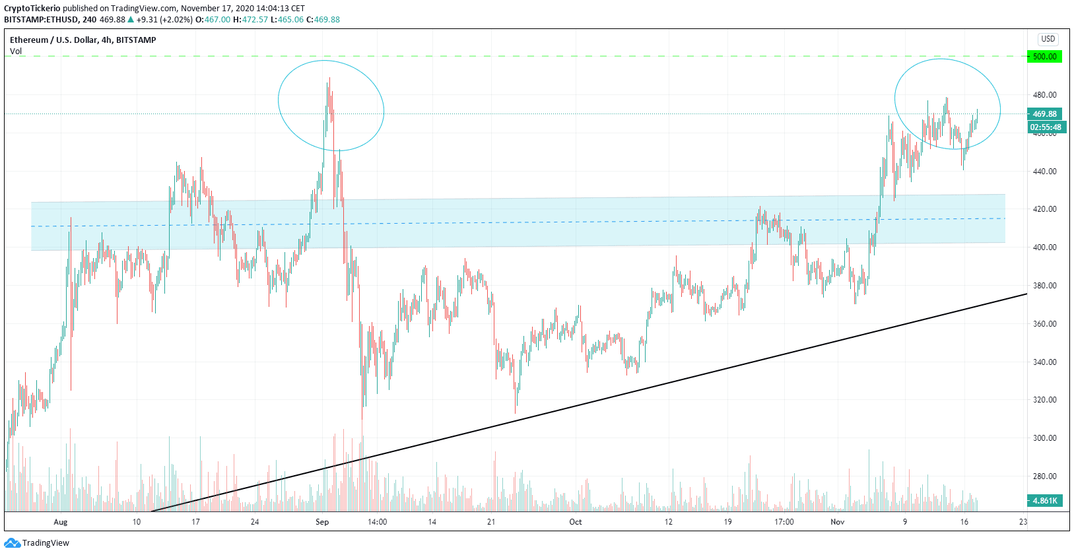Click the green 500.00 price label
tap(1044, 57)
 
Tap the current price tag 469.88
tap(1044, 114)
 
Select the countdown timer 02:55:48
tap(1046, 127)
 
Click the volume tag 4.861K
tap(1044, 501)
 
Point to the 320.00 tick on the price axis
tap(1044, 400)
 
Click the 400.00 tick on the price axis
tap(1044, 247)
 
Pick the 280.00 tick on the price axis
tap(1044, 476)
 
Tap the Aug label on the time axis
tap(61, 522)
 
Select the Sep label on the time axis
tap(322, 522)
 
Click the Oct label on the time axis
tap(576, 522)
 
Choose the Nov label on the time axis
tap(838, 522)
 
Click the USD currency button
tap(1048, 39)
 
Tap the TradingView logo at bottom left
tap(37, 543)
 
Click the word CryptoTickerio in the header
tap(32, 9)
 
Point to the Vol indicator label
tap(16, 51)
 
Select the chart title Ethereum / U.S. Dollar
tap(53, 40)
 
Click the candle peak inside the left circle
tap(329, 79)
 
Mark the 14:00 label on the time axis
tap(377, 522)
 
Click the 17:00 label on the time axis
tap(784, 522)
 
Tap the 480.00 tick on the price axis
tap(1044, 95)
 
